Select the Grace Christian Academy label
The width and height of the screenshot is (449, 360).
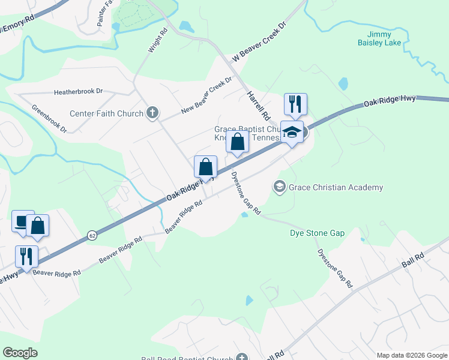336,187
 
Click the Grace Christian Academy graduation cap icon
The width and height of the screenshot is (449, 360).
279,187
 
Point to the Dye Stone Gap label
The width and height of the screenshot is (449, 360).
317,233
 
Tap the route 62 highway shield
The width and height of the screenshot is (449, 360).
92,235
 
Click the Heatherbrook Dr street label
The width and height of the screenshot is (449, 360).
79,92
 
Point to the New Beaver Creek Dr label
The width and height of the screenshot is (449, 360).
206,95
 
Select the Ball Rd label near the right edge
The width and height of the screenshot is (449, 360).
412,260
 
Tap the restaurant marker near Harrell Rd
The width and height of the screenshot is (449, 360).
295,104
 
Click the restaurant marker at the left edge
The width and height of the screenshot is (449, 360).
26,256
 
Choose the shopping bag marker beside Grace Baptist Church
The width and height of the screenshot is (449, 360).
237,142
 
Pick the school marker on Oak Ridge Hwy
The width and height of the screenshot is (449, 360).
292,134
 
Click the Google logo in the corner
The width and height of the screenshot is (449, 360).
20,353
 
